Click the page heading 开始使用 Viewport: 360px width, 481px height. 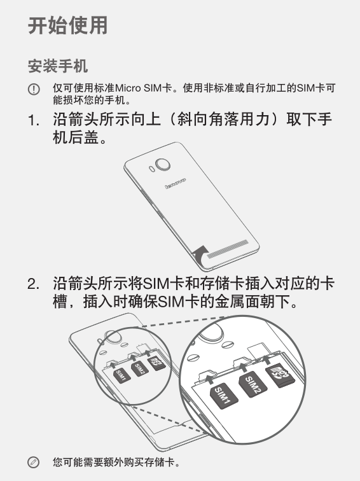[x=68, y=25]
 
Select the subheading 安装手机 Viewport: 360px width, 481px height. [x=58, y=66]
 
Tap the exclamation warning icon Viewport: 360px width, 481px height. [x=34, y=89]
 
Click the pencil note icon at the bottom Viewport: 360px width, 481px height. [x=34, y=463]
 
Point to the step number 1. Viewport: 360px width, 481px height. [x=34, y=120]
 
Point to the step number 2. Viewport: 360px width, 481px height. [x=34, y=284]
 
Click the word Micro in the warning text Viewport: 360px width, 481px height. [x=128, y=88]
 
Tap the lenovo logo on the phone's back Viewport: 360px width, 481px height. [x=176, y=183]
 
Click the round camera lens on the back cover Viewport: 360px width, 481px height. [x=163, y=164]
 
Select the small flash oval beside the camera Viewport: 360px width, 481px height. [x=151, y=169]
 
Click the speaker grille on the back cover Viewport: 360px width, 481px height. [x=228, y=249]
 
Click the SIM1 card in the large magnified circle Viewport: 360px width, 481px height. [x=223, y=395]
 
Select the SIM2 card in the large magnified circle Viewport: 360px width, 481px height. [x=253, y=385]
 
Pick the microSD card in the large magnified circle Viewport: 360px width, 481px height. [x=280, y=375]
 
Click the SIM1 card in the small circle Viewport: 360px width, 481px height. [x=121, y=375]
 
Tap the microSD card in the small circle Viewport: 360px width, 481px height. [x=156, y=363]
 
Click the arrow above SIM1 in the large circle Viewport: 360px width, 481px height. [x=209, y=377]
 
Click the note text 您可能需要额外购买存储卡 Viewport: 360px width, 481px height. [x=116, y=463]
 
